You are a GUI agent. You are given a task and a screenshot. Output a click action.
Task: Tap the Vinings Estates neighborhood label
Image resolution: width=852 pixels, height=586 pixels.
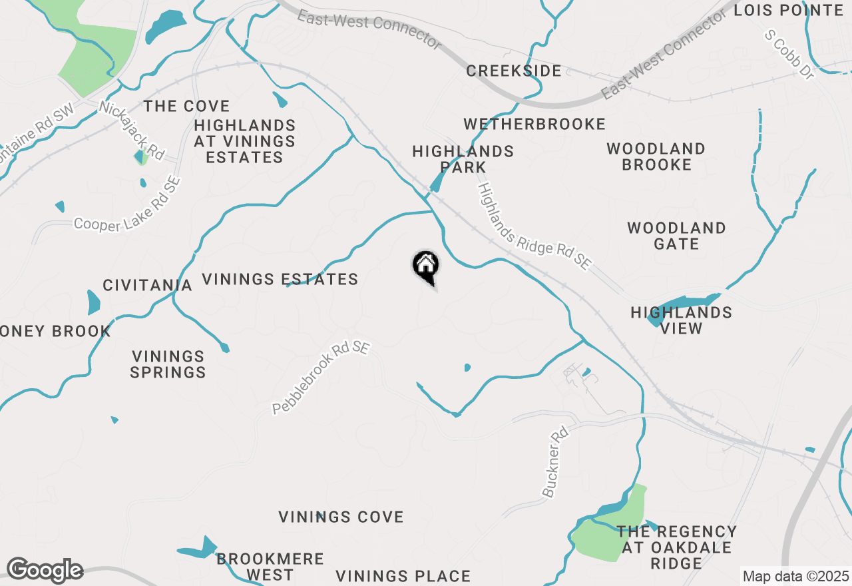point(280,280)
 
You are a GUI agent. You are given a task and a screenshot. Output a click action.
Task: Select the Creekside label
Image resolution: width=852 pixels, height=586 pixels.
point(514,71)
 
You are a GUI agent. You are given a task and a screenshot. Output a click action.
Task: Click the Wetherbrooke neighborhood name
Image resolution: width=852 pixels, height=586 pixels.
point(534,125)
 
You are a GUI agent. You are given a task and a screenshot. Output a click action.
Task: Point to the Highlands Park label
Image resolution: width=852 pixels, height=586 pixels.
point(463,159)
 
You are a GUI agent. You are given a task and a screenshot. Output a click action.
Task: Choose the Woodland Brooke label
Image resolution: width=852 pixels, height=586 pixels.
point(656,156)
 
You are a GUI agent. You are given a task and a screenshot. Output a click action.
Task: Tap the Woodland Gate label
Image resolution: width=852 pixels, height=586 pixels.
point(676,236)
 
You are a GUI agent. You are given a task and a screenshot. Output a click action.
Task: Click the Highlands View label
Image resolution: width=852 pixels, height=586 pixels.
point(682,320)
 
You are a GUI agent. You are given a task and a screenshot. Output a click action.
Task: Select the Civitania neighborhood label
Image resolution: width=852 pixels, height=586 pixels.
point(147,286)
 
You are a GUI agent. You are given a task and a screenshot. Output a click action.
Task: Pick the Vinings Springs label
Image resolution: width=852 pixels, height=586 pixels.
point(168,364)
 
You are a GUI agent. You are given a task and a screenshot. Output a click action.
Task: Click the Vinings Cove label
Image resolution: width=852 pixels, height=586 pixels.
point(341,517)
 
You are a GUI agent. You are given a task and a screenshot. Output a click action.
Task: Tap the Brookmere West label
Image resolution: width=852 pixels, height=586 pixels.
point(270,567)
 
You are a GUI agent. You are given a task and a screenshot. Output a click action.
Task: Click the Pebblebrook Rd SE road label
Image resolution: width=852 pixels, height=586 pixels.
point(321,378)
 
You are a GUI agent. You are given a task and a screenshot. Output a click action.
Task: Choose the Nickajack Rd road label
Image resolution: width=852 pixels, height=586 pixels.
point(132,129)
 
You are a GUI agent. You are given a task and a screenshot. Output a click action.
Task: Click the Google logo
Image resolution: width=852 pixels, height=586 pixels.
point(45,570)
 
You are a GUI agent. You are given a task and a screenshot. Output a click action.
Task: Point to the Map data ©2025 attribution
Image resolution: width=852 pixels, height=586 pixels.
point(795,576)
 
